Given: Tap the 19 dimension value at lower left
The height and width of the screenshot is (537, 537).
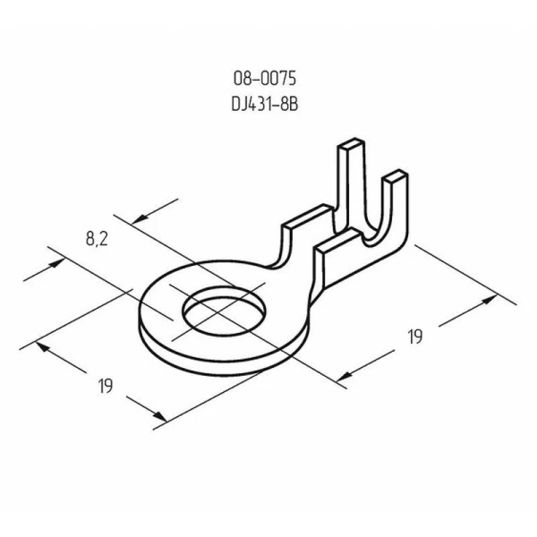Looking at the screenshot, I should (x=105, y=387).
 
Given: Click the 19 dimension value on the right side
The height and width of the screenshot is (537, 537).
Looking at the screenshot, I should (x=414, y=337).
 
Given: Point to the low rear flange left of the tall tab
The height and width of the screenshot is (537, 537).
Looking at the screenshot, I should (x=304, y=219).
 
